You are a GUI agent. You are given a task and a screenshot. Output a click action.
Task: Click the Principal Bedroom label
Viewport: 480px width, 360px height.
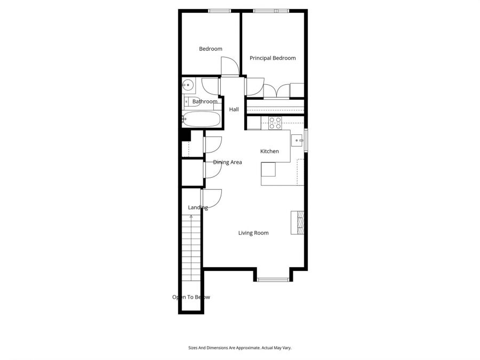pyautogui.click(x=273, y=58)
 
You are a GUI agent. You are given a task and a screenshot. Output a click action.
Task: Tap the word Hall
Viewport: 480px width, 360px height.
pyautogui.click(x=234, y=110)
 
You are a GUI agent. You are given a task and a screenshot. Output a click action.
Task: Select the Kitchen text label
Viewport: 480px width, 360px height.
pyautogui.click(x=269, y=151)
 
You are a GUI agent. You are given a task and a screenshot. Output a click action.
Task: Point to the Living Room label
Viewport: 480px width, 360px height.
pyautogui.click(x=253, y=233)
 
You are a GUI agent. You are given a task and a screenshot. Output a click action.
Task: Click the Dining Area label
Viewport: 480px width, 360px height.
pyautogui.click(x=228, y=162)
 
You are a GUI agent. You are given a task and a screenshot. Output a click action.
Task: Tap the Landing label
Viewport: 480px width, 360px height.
pyautogui.click(x=198, y=207)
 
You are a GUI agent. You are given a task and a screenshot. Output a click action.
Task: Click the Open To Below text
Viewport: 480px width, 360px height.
pyautogui.click(x=191, y=297)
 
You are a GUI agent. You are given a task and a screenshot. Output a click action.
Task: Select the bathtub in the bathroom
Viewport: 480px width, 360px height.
pyautogui.click(x=201, y=120)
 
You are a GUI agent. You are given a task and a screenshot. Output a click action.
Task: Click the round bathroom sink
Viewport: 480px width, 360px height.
pyautogui.click(x=187, y=85)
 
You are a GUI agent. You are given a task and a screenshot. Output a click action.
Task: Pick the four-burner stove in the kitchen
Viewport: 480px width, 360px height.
pyautogui.click(x=275, y=123)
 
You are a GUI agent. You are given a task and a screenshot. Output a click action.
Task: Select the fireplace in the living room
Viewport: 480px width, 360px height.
pyautogui.click(x=298, y=222)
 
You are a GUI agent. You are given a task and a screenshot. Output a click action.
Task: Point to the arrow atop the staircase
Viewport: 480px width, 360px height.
pyautogui.click(x=191, y=217)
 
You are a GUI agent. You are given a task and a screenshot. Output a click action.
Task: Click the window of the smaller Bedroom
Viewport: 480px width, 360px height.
pyautogui.click(x=219, y=11)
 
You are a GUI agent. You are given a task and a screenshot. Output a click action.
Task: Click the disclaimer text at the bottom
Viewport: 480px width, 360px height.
pyautogui.click(x=240, y=348)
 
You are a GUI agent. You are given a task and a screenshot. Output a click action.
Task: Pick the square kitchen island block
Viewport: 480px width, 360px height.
pyautogui.click(x=268, y=170)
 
